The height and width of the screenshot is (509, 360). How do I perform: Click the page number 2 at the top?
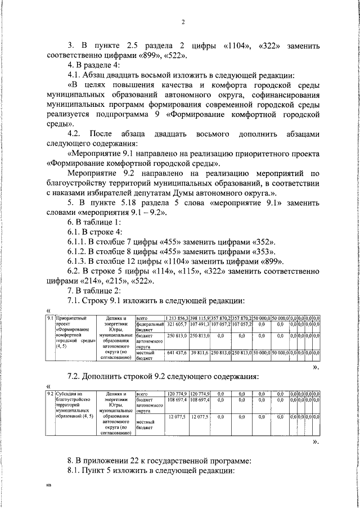coord(183,22)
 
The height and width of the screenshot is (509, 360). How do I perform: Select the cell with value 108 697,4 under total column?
coord(177,399)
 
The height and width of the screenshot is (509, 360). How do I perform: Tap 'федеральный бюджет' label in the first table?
coord(149,327)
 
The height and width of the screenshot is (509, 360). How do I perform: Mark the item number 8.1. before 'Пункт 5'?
coord(75,470)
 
